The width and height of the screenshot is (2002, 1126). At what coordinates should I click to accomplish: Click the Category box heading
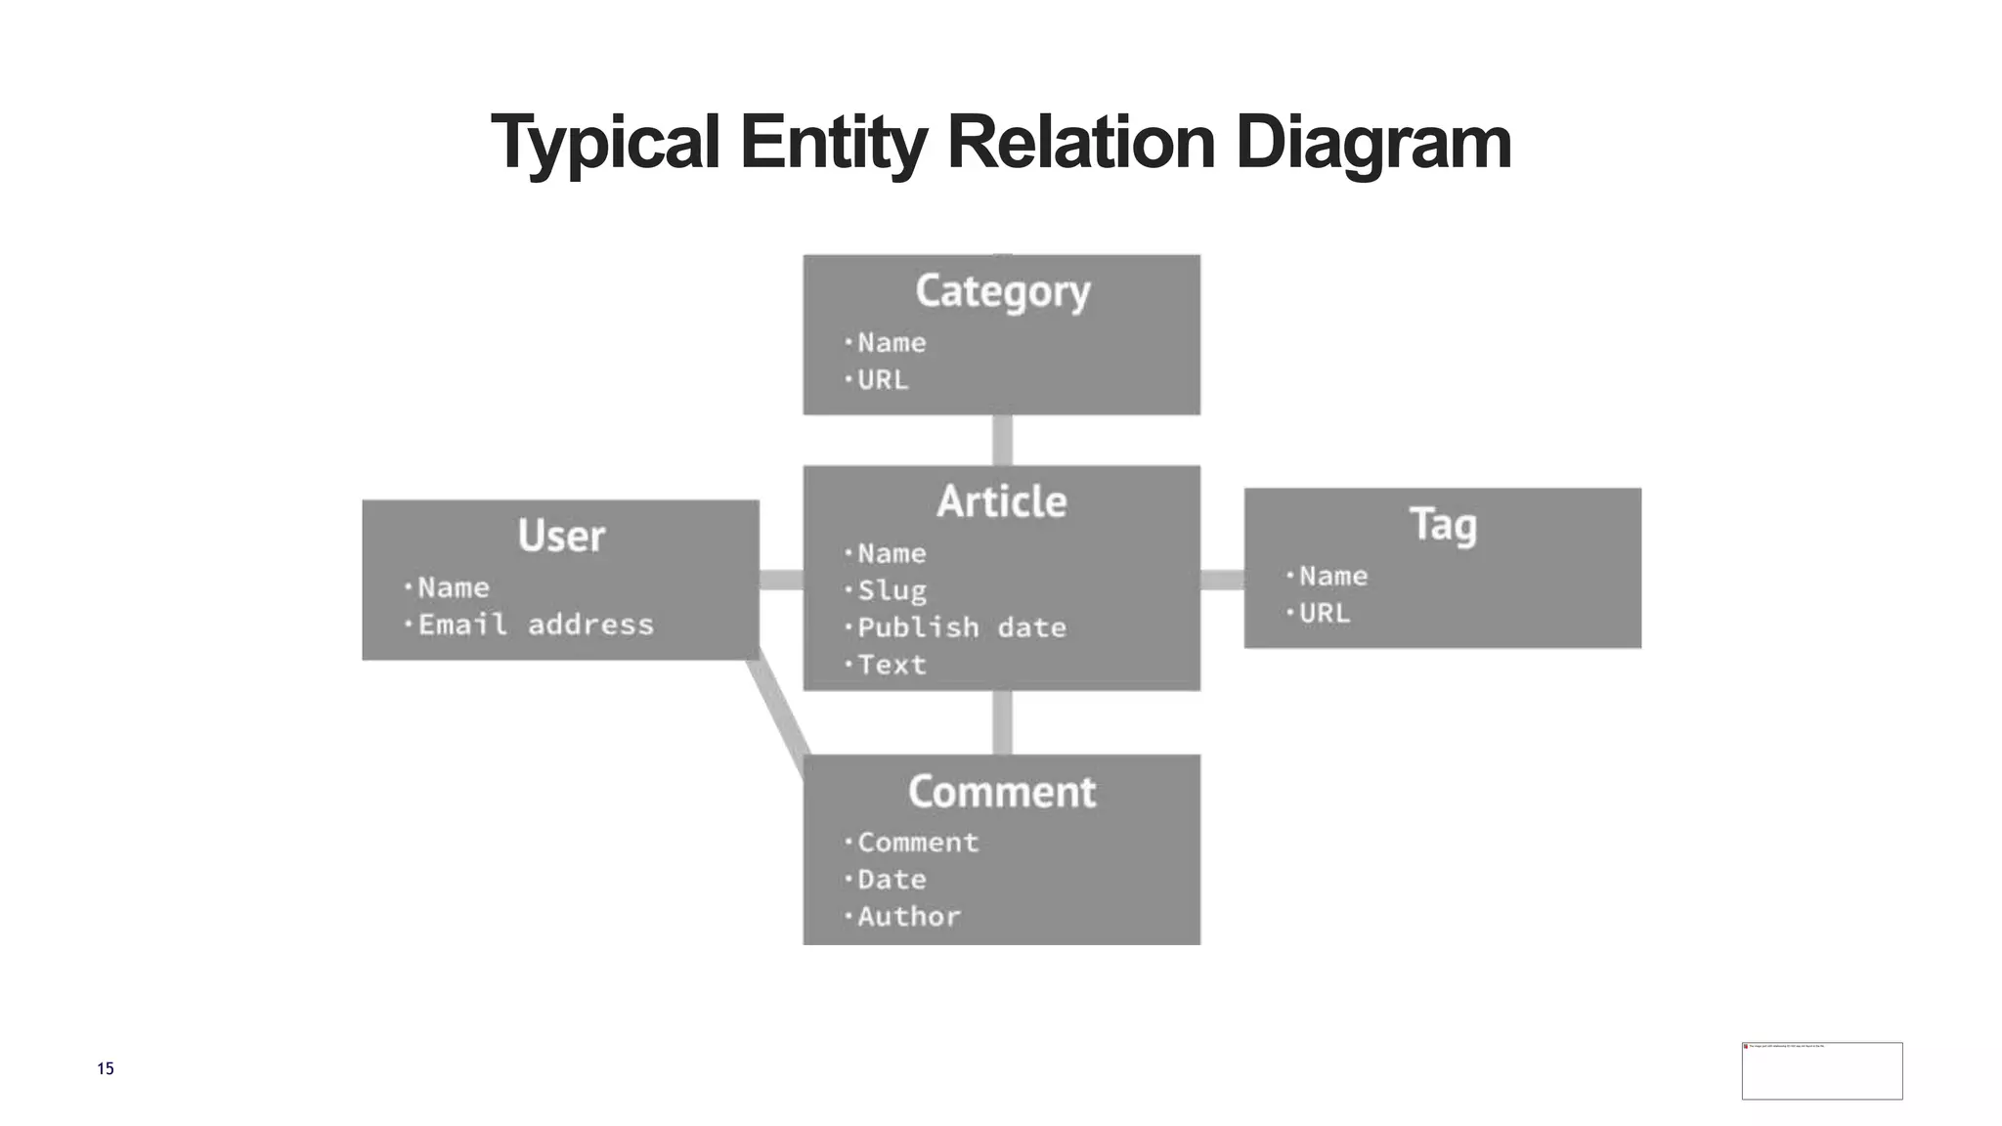1002,291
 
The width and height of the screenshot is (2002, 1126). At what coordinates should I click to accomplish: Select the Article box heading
1002,501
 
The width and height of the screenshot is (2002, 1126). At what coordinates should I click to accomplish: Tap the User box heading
561,536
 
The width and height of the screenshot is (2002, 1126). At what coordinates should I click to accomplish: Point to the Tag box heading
1443,525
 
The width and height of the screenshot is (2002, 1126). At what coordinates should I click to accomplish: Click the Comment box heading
1002,792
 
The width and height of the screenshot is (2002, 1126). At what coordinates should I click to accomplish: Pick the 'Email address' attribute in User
535,625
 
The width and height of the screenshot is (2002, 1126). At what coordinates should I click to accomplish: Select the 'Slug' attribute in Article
892,590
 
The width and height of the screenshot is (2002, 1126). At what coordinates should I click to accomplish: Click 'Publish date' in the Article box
961,628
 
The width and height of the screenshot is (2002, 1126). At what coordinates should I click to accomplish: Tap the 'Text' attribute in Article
892,665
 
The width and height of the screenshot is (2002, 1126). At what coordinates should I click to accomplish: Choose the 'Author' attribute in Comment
909,917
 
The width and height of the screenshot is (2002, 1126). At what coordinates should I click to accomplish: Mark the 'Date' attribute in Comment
892,880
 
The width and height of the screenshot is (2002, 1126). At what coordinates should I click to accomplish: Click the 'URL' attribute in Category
883,380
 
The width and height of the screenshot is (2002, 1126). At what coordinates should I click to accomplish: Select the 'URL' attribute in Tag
1324,614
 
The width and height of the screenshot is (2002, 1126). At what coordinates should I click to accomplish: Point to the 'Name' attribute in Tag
1332,577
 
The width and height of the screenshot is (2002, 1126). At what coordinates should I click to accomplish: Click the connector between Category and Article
1002,440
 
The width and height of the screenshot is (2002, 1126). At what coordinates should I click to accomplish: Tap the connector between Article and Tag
1222,581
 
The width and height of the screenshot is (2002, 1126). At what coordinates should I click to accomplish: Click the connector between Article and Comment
1002,722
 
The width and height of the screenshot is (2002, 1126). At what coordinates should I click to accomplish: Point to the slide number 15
106,1068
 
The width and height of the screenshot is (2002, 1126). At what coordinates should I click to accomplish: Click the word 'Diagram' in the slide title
1373,143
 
